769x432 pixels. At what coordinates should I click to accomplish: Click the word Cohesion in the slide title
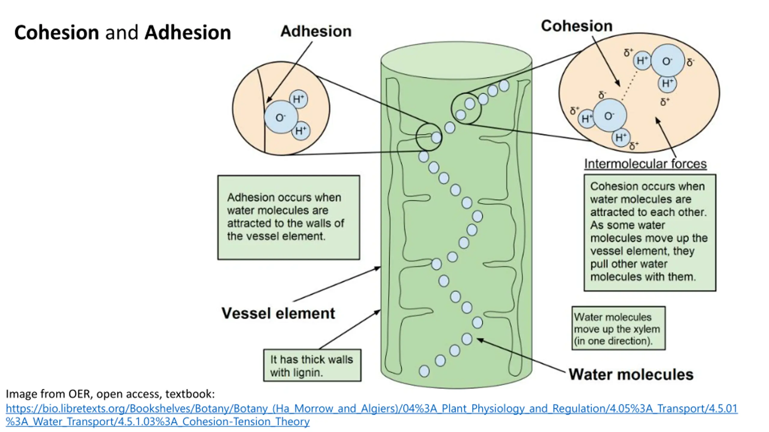click(x=56, y=32)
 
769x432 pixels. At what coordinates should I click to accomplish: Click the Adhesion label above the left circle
click(x=316, y=31)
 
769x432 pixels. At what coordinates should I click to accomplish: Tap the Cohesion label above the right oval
click(x=576, y=26)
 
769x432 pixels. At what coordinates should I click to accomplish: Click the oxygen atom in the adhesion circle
click(x=281, y=117)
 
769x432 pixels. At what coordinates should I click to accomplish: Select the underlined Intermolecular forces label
click(x=645, y=164)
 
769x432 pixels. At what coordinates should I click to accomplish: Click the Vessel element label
click(x=278, y=313)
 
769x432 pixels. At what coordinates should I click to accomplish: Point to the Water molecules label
click(x=631, y=374)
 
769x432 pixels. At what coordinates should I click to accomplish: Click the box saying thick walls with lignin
click(x=312, y=365)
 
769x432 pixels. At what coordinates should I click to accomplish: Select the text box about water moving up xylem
click(x=619, y=328)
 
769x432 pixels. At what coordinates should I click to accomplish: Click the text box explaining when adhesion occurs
click(x=289, y=217)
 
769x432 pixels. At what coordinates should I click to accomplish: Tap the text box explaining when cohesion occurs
click(x=650, y=232)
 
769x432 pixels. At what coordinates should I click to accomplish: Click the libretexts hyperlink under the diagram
click(x=372, y=415)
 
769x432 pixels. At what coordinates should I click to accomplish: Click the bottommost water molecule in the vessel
click(x=424, y=371)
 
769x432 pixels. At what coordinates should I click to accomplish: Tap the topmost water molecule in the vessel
click(x=504, y=86)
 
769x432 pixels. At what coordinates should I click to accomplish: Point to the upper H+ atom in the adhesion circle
click(x=299, y=99)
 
